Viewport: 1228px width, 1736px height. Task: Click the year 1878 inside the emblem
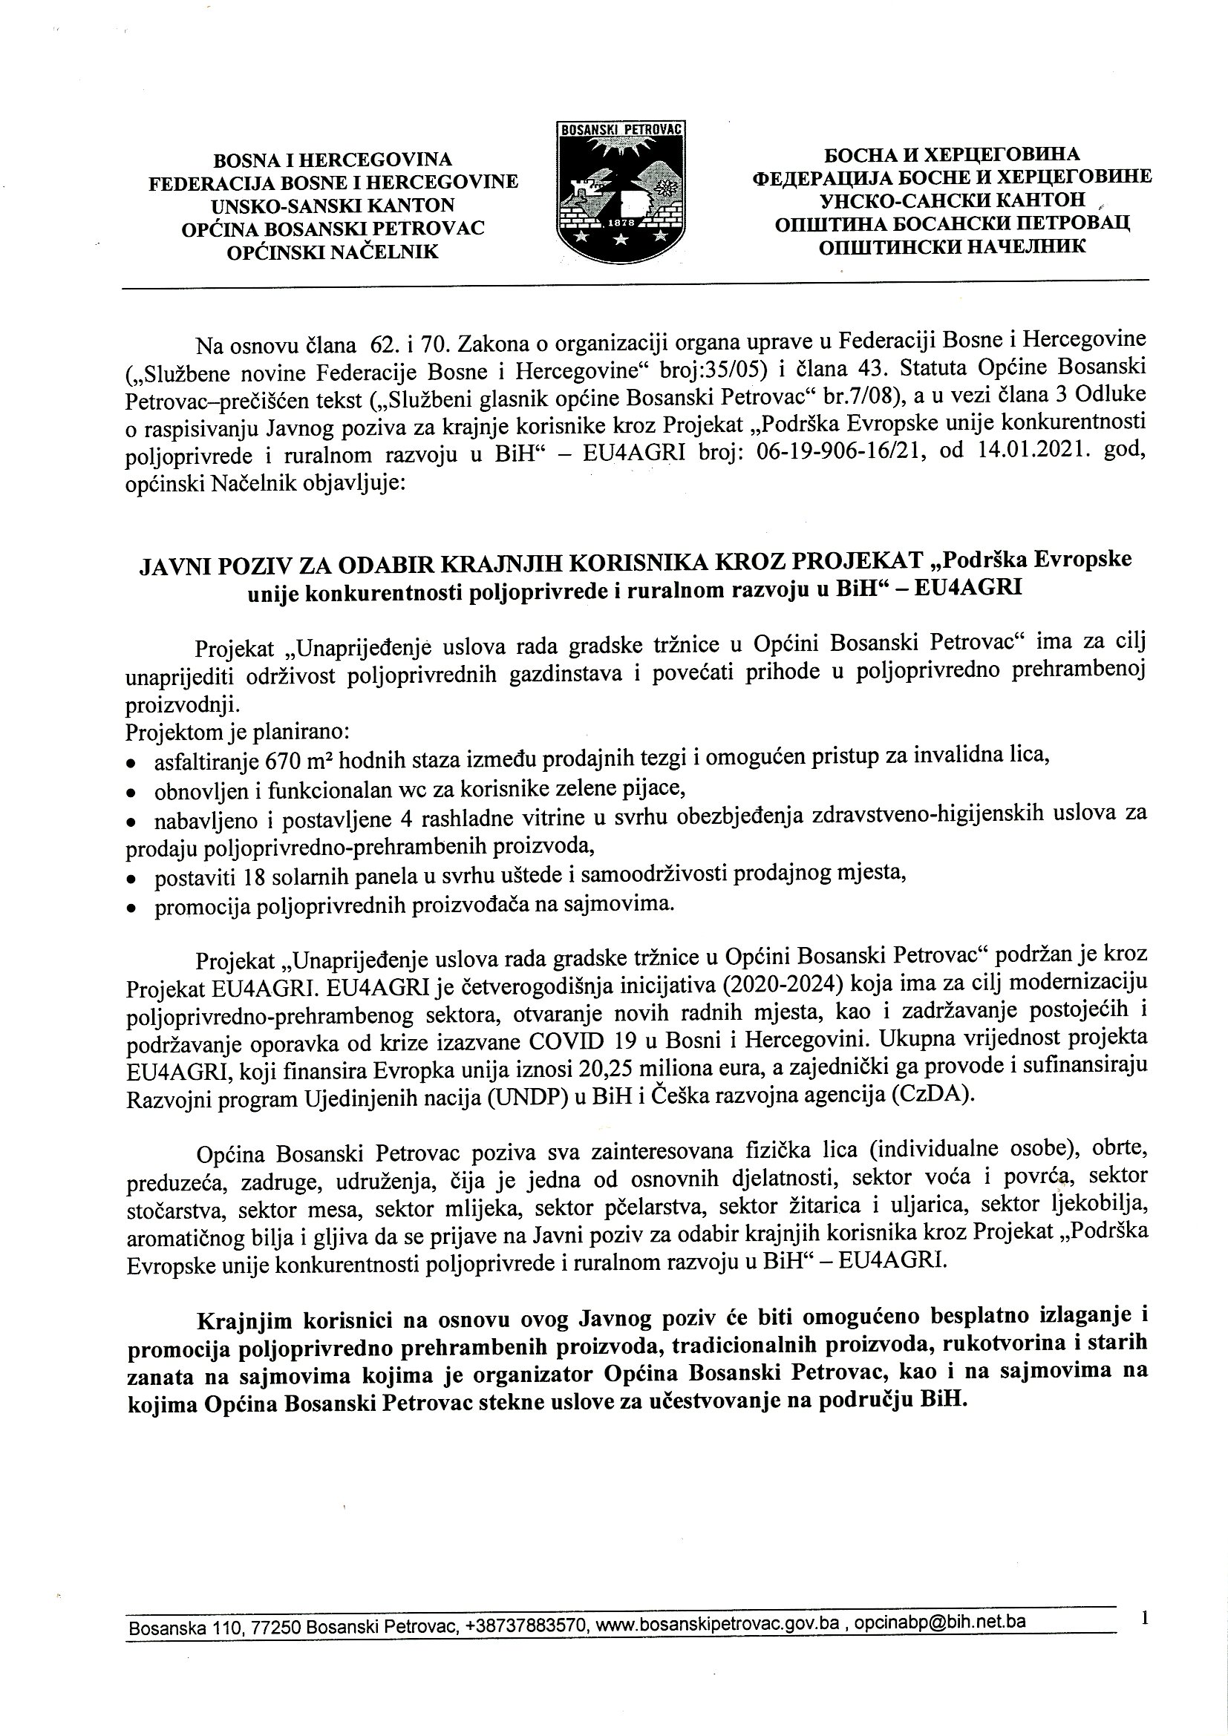coord(620,224)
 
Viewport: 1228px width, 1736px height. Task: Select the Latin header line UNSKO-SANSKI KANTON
coord(333,206)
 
